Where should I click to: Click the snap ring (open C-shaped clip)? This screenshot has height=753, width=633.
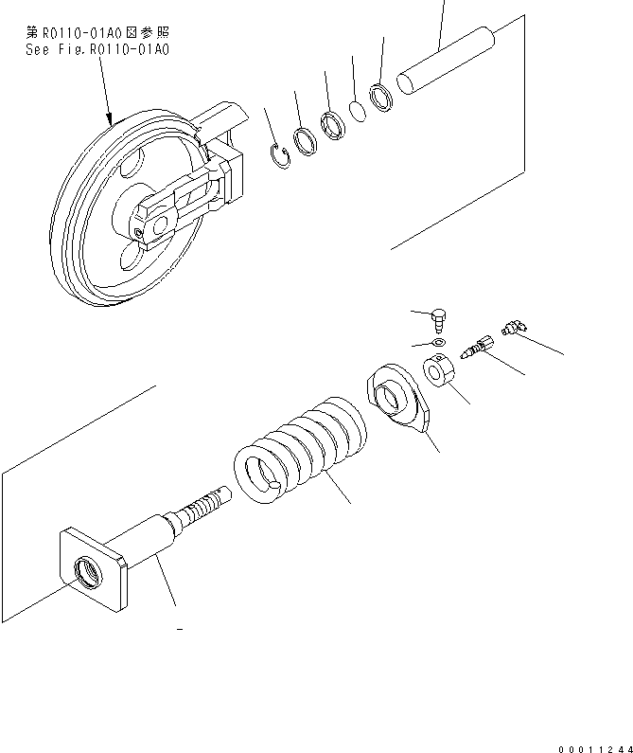tap(276, 156)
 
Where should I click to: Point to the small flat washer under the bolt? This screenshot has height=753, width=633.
tap(437, 341)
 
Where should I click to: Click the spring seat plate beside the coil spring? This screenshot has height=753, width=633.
tap(397, 399)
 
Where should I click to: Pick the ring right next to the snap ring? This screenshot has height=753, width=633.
tap(306, 142)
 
